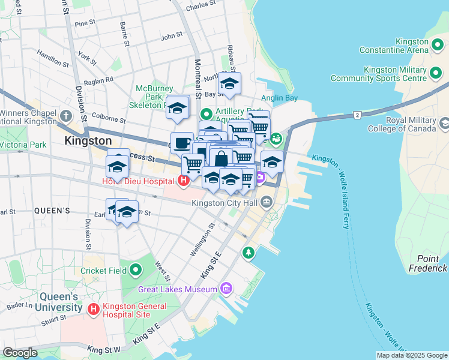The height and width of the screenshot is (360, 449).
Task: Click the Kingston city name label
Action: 88,141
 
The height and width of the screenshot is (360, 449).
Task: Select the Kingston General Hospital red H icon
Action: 93,309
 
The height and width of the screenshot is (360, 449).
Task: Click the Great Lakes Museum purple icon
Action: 226,289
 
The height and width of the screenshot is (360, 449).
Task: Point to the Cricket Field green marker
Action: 136,271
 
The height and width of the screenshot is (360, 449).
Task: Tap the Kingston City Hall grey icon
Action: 267,203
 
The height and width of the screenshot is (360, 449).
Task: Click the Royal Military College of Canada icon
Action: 444,124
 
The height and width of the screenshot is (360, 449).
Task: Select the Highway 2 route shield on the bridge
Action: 357,114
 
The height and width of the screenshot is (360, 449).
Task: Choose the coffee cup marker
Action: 182,143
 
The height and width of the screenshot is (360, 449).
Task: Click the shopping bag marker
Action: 221,158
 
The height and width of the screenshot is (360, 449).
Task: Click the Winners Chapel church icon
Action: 65,115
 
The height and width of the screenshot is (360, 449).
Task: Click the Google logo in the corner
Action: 20,353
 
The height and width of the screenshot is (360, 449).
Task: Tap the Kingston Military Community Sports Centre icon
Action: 436,74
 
